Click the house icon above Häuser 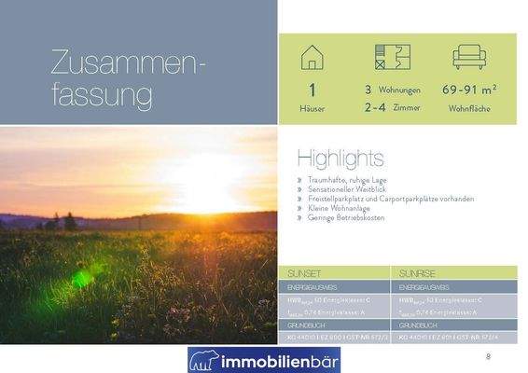click(x=312, y=57)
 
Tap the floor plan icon click(x=386, y=57)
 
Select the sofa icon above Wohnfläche click(x=469, y=57)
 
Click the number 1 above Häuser click(x=312, y=91)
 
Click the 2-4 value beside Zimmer click(x=375, y=107)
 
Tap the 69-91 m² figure click(x=469, y=90)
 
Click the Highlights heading click(x=340, y=156)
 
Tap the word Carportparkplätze click(x=415, y=199)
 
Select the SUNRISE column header click(x=415, y=272)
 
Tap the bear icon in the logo click(x=203, y=359)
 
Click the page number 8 click(x=488, y=357)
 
